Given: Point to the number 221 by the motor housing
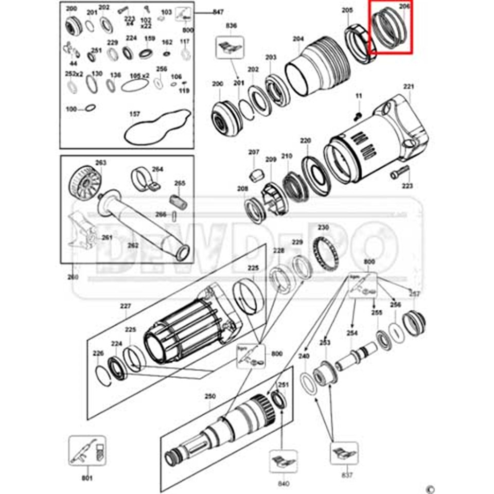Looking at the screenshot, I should point(408,87).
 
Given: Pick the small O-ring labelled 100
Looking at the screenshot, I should point(89,109).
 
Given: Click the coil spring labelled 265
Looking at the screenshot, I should point(178,201).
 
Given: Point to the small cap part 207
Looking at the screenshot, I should point(254,174).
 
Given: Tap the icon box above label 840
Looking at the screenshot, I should point(283,461).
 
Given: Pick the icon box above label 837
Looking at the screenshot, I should point(343,453).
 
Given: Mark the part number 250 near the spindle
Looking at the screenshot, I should point(210,396).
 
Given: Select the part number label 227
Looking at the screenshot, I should point(126,307).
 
